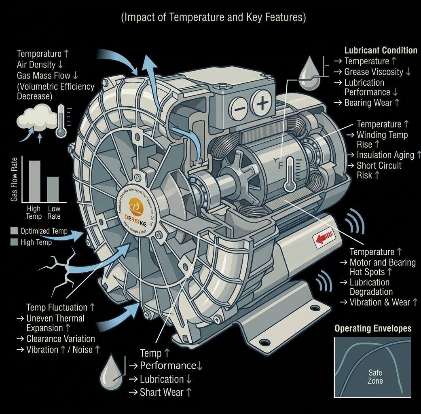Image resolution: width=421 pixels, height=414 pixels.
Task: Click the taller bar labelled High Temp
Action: point(34,181)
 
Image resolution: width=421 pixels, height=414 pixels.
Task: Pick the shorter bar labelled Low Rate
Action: point(53,189)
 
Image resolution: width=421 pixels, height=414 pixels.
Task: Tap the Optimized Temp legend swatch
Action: point(13,231)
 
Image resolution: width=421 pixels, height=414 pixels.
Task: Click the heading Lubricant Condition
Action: point(381,51)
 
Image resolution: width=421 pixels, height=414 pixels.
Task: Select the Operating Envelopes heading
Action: point(373,328)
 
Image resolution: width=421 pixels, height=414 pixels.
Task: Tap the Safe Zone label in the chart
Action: point(375,376)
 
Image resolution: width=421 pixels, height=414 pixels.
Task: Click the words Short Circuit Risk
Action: point(379,170)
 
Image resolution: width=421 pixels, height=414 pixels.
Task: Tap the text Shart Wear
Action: point(165,392)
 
